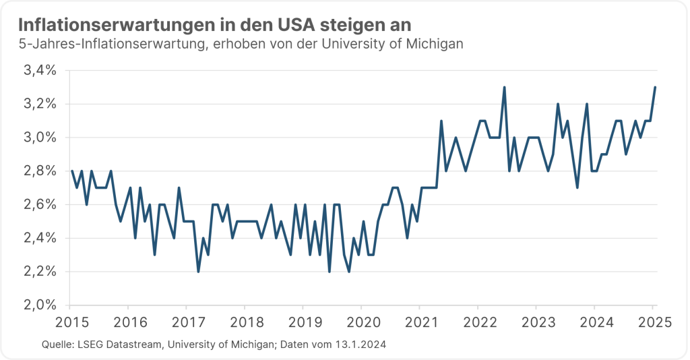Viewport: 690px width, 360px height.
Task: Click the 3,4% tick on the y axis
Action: pyautogui.click(x=40, y=70)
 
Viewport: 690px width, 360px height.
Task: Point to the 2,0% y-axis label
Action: pyautogui.click(x=40, y=305)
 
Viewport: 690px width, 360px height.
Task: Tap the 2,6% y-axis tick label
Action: pyautogui.click(x=40, y=204)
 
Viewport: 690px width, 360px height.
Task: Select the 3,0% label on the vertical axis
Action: pyautogui.click(x=40, y=138)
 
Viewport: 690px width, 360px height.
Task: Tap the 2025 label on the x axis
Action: pyautogui.click(x=652, y=321)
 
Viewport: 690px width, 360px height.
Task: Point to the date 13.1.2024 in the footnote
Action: pyautogui.click(x=360, y=344)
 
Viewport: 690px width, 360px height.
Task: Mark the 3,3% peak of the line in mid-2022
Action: pyautogui.click(x=504, y=87)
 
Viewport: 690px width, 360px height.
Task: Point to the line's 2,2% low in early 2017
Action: pyautogui.click(x=198, y=271)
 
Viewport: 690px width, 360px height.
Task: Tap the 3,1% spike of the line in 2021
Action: pyautogui.click(x=441, y=121)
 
